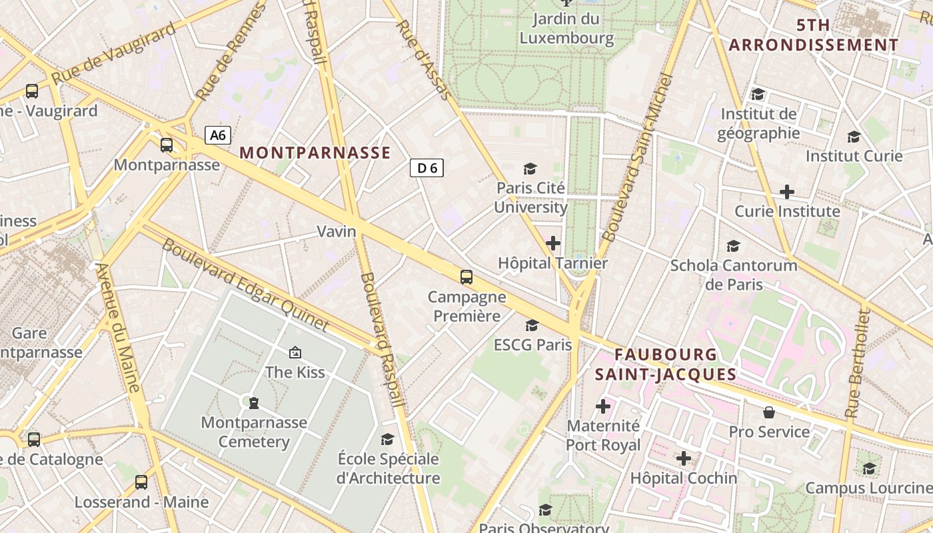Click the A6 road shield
(x=217, y=135)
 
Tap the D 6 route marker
(x=427, y=168)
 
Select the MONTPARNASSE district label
(x=315, y=153)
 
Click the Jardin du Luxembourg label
(x=566, y=29)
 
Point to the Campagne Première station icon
(x=467, y=276)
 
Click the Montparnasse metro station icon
(x=167, y=145)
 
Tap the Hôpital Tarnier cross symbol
(x=553, y=243)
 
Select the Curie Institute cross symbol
(x=787, y=192)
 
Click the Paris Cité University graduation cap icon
(x=530, y=169)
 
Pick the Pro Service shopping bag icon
(x=769, y=412)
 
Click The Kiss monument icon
(x=295, y=352)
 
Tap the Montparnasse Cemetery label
(x=254, y=432)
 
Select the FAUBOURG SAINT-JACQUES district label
(x=666, y=364)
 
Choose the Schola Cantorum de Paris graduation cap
(x=734, y=246)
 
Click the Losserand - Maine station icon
(x=141, y=482)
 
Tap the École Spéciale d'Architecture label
(x=388, y=468)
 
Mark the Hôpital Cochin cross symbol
(x=684, y=458)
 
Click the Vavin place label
(x=337, y=231)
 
